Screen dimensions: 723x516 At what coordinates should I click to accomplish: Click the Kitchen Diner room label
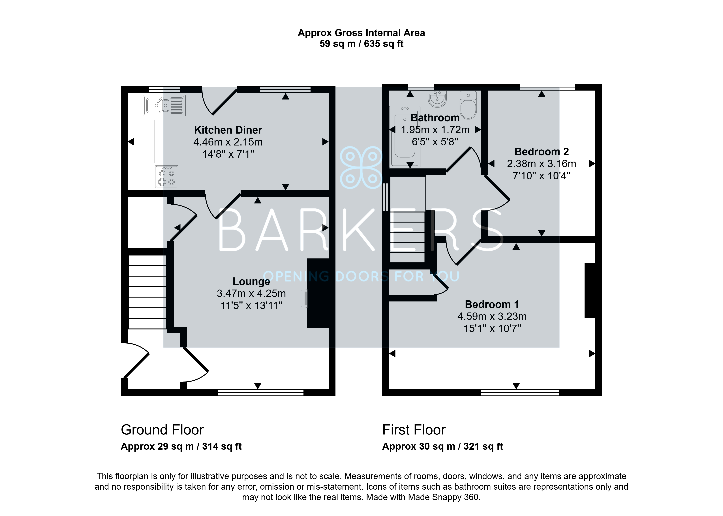(228, 130)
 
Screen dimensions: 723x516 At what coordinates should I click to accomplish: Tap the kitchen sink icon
(164, 105)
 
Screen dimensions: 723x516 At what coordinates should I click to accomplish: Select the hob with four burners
(166, 177)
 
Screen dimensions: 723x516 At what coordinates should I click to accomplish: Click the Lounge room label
(251, 282)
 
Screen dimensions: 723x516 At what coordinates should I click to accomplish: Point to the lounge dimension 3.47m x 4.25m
(251, 293)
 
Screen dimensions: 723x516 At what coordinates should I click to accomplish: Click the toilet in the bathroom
(468, 105)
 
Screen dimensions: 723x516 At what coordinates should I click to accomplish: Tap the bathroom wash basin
(437, 99)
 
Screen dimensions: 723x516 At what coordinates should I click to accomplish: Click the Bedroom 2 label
(542, 152)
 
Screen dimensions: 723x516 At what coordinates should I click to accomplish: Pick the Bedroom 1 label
(492, 304)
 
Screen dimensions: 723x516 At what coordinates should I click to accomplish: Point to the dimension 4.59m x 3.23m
(492, 316)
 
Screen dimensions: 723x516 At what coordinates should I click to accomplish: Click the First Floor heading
(414, 430)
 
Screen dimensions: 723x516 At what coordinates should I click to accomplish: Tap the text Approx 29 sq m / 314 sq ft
(181, 446)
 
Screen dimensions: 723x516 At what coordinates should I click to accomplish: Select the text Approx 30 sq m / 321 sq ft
(442, 446)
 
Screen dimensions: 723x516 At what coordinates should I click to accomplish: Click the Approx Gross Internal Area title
(361, 33)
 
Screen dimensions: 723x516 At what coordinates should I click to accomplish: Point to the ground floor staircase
(147, 292)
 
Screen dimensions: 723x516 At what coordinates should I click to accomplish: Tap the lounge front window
(260, 393)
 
